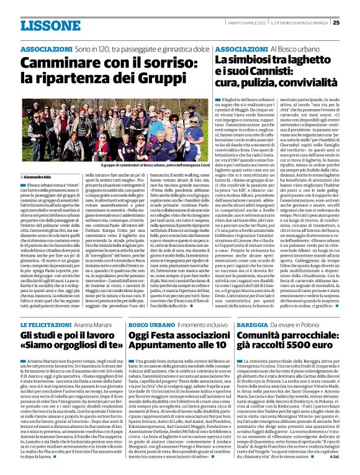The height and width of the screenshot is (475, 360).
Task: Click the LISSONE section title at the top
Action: click(45, 25)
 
